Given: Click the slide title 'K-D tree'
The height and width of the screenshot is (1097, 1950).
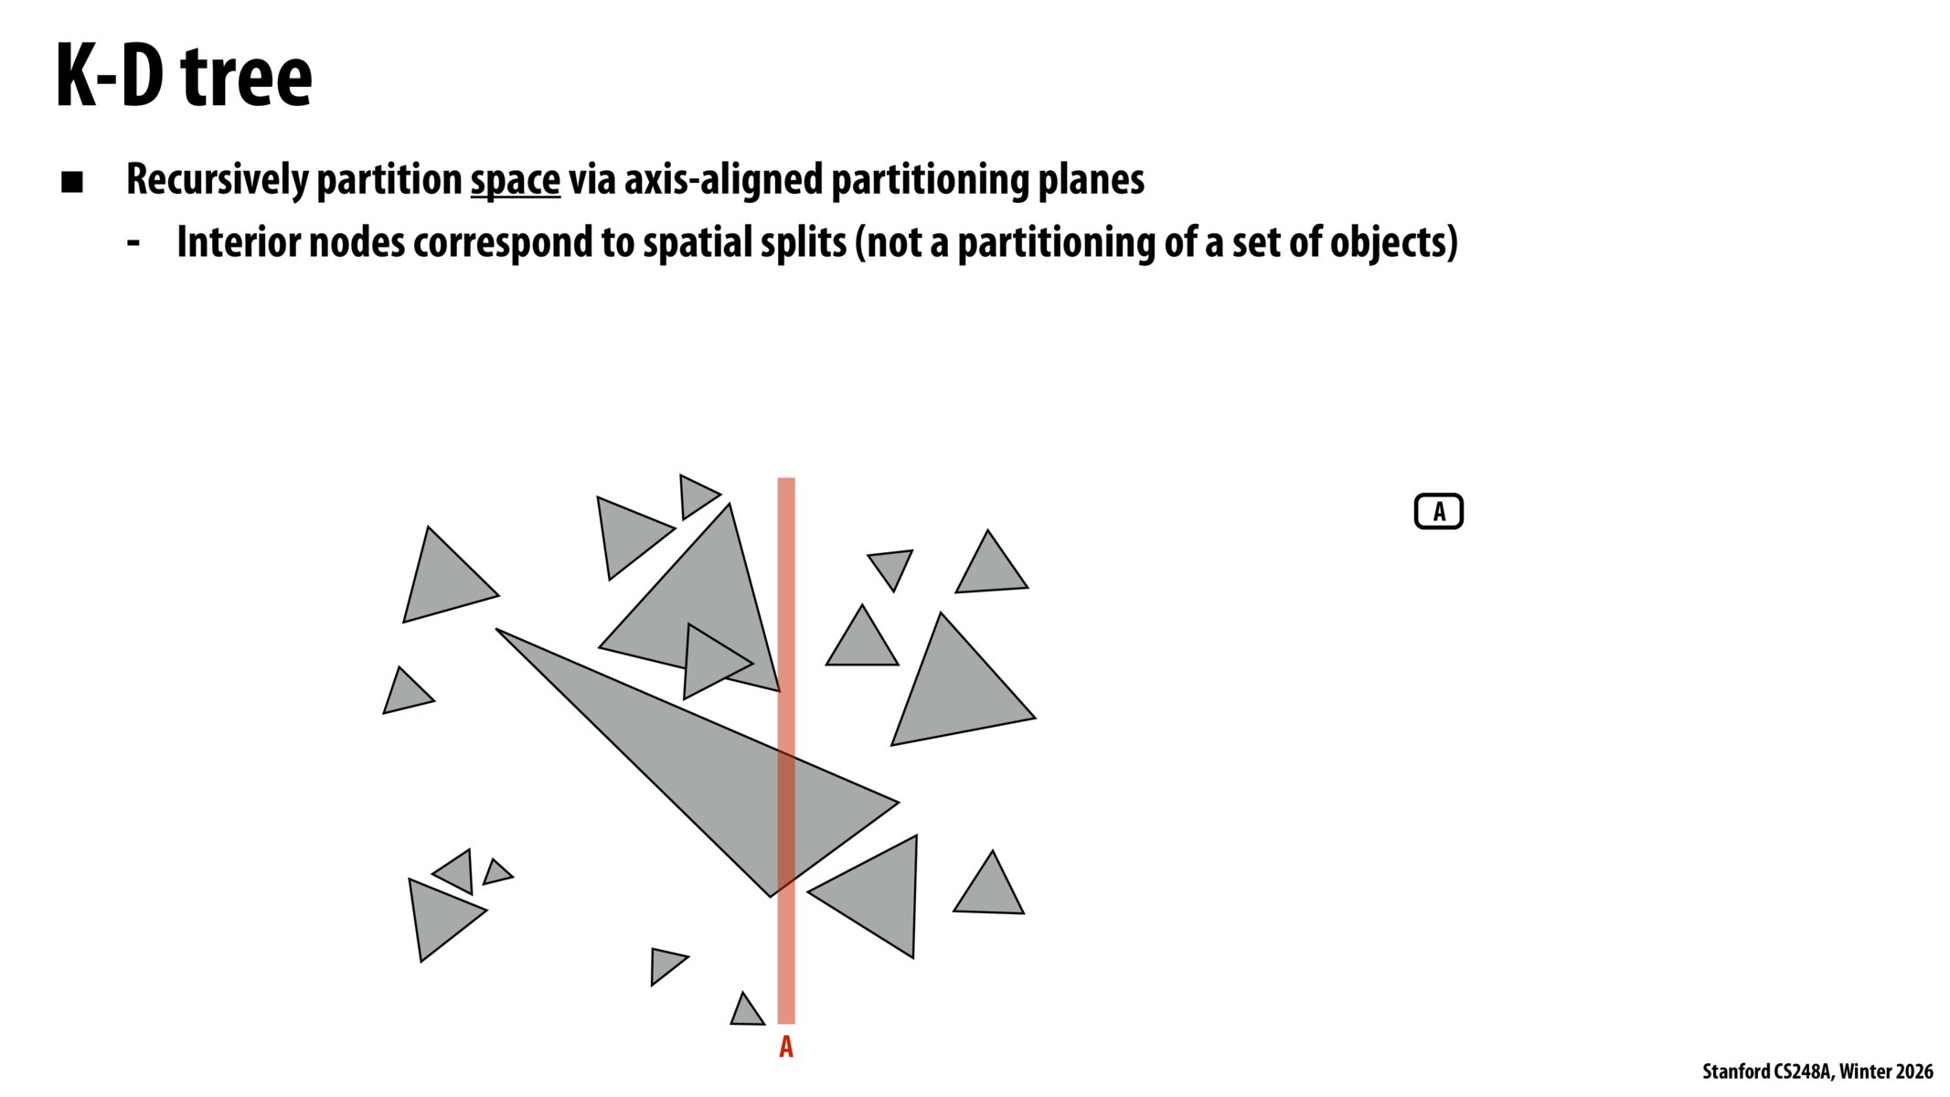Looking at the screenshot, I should [184, 77].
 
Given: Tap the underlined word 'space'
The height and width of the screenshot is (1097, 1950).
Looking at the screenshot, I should [515, 179].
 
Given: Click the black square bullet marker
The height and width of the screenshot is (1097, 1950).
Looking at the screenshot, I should [72, 182].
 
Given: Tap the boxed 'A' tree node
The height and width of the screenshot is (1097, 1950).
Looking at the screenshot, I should [1438, 512].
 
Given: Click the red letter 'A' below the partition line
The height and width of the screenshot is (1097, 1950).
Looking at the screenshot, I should [786, 1048].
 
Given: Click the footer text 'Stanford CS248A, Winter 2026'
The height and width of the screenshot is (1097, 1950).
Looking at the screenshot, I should [1817, 1071].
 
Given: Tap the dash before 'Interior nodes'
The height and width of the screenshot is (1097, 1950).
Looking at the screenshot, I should [133, 243].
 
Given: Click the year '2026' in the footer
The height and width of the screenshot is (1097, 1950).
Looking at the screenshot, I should [1912, 1071].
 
